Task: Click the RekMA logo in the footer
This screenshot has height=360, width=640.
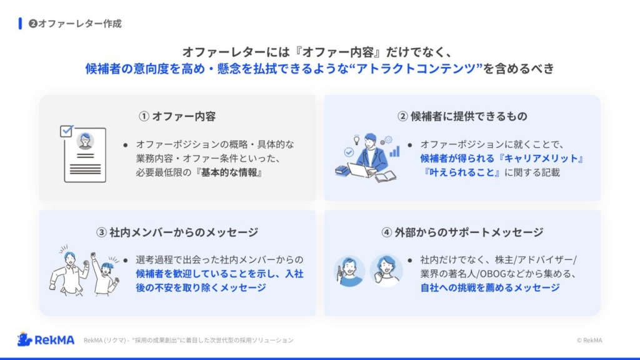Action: pos(46,339)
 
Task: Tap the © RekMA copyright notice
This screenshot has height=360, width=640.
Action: pos(589,340)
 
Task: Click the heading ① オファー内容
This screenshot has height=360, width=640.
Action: pos(177,116)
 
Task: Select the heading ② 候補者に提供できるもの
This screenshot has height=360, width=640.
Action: pos(462,116)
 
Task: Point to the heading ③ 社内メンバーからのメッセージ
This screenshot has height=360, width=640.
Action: pos(177,232)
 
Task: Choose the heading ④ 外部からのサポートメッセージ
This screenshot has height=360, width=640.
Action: pos(462,232)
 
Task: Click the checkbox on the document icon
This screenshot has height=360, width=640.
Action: pos(66,131)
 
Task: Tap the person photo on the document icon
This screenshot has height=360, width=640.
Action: pos(85,141)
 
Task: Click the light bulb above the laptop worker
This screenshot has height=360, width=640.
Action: pos(357,140)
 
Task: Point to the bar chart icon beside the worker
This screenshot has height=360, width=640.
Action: pos(394,152)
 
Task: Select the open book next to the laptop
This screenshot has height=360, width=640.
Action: pos(386,177)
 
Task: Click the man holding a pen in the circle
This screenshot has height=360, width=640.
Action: pos(349,271)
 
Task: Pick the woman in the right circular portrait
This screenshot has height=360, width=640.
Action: pos(386,270)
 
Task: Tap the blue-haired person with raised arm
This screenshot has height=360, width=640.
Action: pos(105,274)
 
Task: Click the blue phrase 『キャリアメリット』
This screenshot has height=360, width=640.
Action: pos(542,158)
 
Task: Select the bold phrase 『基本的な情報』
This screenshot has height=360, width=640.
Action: pos(229,172)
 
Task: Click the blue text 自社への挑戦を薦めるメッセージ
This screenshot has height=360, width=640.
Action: pos(490,287)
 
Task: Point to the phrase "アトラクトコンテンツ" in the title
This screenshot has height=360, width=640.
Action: pos(416,68)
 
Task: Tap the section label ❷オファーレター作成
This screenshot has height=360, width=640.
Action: pos(75,24)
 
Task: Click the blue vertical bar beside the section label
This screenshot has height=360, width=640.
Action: pos(20,24)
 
